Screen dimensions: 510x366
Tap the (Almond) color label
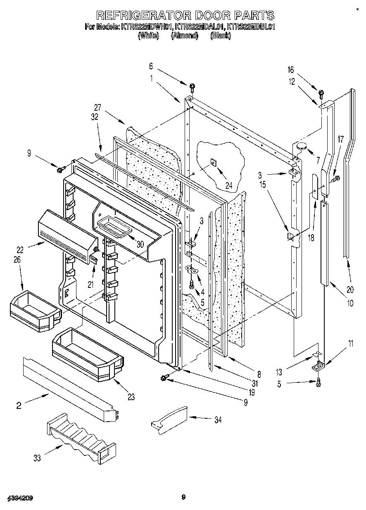(x=185, y=36)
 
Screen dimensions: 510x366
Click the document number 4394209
(x=19, y=498)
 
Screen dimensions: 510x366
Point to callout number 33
(x=37, y=458)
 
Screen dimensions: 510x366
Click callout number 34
(x=218, y=420)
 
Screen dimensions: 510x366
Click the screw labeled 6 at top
(x=193, y=87)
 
